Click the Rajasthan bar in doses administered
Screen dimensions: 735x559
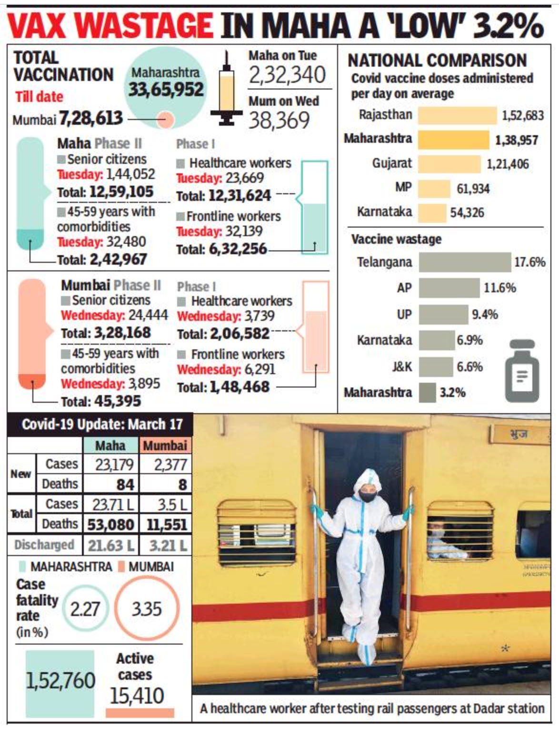[457, 116]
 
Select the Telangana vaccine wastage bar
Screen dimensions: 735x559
[465, 262]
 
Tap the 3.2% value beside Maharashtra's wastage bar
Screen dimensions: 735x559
[452, 393]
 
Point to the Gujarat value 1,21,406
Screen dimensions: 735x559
[508, 164]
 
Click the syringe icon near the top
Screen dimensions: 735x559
[227, 90]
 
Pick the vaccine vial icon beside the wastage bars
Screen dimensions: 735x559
[522, 371]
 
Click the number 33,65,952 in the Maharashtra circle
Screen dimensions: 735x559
[166, 89]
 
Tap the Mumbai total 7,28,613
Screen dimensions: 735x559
[91, 119]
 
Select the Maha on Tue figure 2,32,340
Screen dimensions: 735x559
[288, 75]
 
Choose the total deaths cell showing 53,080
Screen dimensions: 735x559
[110, 525]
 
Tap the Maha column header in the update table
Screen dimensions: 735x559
[110, 446]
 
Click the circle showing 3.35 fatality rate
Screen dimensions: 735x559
[147, 609]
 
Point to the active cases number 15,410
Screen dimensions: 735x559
[137, 696]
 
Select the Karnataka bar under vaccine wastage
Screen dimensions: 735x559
[437, 340]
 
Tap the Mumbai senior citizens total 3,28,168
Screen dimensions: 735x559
[122, 333]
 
